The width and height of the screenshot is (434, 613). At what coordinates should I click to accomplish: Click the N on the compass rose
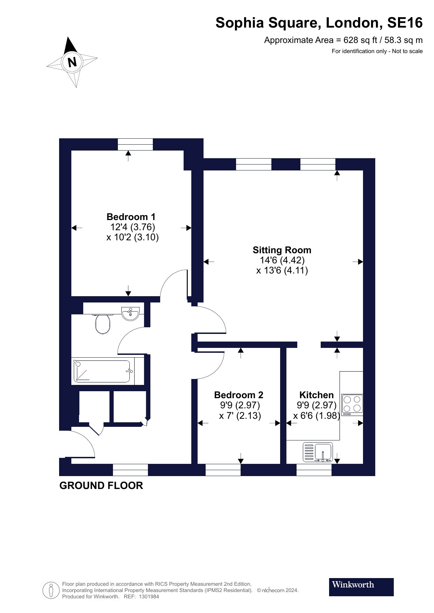[72, 62]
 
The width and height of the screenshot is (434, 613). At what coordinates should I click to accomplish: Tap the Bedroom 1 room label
[131, 217]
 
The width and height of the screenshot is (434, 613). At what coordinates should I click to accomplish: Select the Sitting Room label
[282, 250]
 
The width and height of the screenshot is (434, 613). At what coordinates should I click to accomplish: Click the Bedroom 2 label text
[239, 395]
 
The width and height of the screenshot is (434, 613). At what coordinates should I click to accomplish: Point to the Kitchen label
[316, 395]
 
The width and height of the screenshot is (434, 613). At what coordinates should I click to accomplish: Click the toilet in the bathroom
[102, 323]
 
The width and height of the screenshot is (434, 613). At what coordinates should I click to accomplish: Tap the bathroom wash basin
[130, 313]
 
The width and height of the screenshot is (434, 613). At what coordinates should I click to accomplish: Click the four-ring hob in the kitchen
[352, 405]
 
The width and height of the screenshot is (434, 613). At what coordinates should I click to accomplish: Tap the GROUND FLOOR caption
[101, 486]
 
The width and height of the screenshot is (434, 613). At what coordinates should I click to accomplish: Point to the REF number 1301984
[149, 597]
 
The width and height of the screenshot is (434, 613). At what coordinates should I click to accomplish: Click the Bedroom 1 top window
[135, 144]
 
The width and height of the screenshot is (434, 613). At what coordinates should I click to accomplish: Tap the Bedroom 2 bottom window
[223, 470]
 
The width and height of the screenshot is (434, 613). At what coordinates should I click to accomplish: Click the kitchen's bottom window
[314, 470]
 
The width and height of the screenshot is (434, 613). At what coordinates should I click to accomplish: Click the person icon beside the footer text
[51, 591]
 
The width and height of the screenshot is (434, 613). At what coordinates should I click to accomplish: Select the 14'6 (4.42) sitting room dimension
[282, 260]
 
